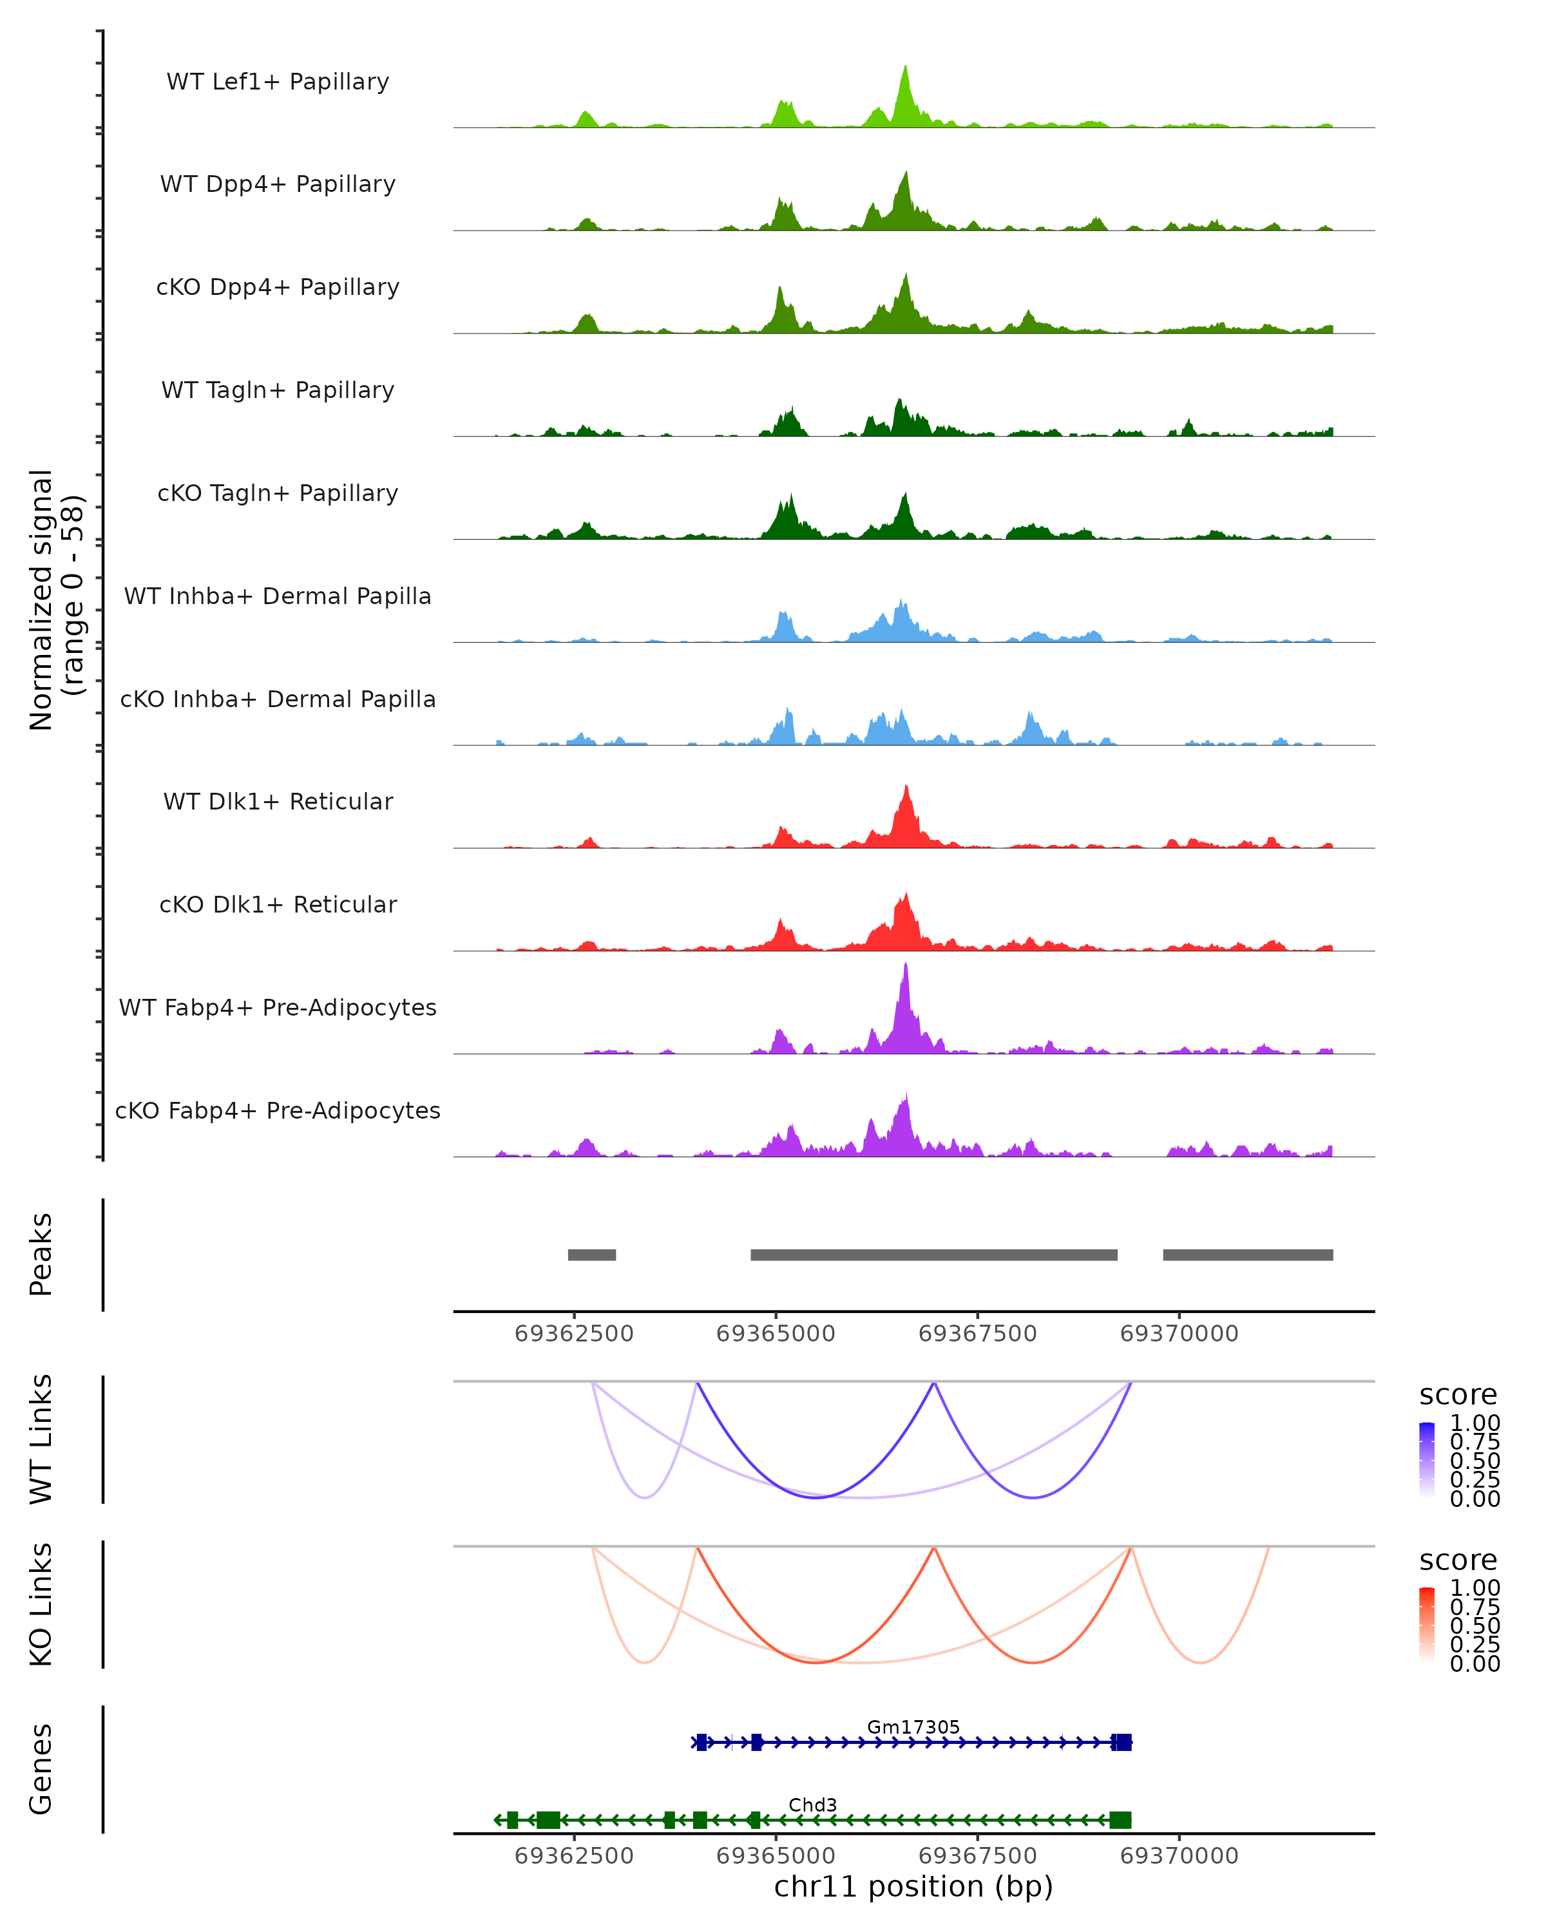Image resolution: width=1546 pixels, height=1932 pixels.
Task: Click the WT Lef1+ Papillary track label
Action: (278, 82)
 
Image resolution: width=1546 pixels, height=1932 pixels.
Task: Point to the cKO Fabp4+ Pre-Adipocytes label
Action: (278, 1110)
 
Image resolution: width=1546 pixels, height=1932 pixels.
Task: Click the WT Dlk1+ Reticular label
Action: (278, 801)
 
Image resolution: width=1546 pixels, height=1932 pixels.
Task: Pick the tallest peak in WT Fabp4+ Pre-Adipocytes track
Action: (906, 966)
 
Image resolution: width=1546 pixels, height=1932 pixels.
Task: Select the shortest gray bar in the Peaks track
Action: (591, 1255)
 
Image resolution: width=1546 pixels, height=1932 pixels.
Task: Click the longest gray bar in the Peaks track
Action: (934, 1255)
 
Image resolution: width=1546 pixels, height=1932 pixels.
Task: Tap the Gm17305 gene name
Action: (913, 1727)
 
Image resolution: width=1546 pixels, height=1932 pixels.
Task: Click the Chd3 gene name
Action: (813, 1804)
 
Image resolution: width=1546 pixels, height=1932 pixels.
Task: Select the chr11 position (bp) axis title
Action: (913, 1886)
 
